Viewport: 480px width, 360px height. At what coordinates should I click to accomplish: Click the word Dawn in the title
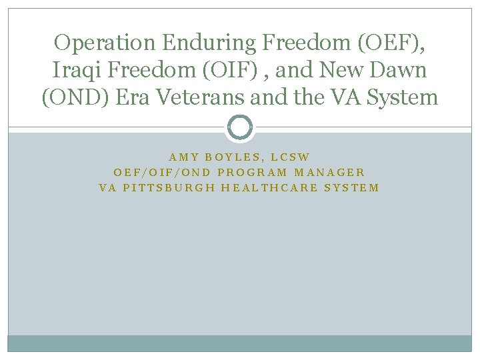pos(396,70)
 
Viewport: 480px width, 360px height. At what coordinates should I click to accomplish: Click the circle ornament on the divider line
pos(240,127)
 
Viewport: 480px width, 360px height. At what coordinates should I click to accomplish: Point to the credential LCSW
pos(291,157)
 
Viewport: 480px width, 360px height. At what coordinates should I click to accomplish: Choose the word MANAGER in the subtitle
pos(329,173)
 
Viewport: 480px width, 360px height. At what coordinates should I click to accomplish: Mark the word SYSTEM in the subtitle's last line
pos(351,187)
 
